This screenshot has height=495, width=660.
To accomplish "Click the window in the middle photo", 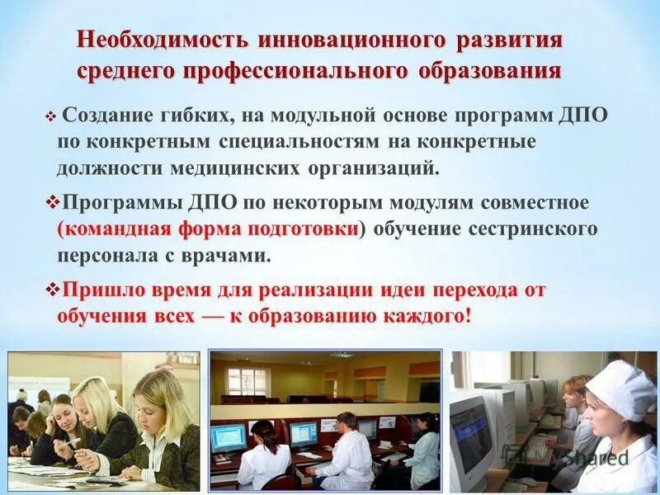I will (x=247, y=382).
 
